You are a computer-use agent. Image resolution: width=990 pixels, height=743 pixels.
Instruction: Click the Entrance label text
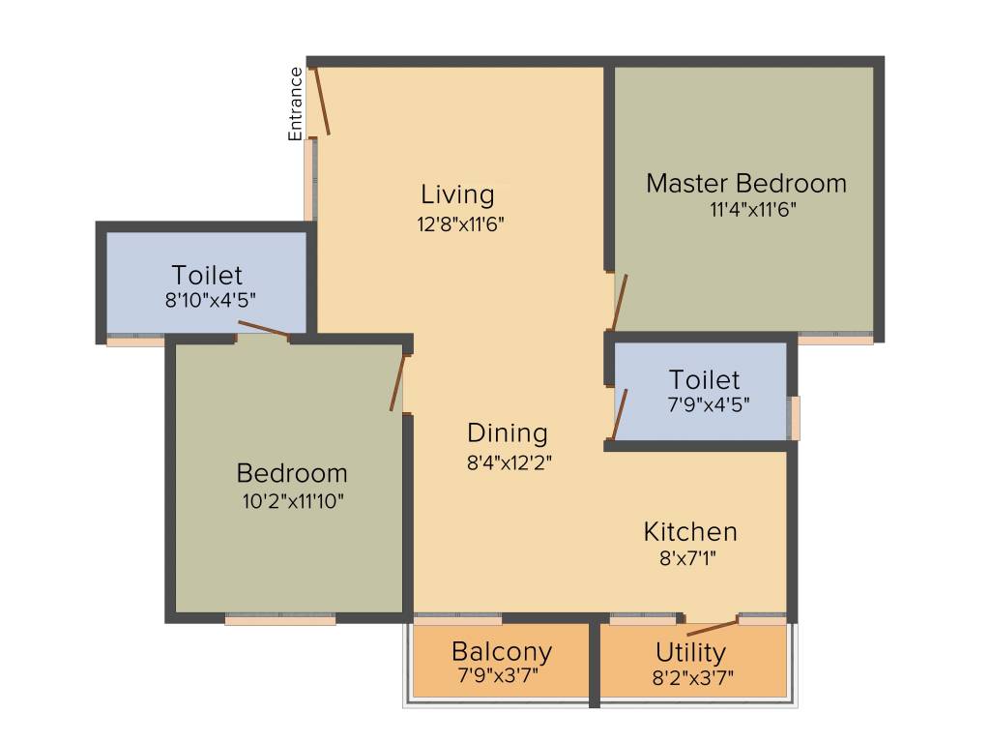coord(296,104)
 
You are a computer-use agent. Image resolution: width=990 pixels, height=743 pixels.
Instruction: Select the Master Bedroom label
coord(745,183)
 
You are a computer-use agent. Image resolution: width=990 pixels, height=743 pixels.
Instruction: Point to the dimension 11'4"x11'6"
coord(745,208)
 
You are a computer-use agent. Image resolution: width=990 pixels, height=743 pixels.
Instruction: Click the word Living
coord(457,194)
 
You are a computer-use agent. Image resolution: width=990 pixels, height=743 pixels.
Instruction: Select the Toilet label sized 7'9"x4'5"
coord(704,379)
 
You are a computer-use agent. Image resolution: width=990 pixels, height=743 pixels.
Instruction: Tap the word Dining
coord(508,432)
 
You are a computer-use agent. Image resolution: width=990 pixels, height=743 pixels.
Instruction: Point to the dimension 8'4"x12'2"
coord(509,461)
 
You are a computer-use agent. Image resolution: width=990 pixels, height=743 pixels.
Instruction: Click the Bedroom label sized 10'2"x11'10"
coord(292,473)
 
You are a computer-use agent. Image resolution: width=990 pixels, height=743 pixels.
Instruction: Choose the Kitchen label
coord(690,531)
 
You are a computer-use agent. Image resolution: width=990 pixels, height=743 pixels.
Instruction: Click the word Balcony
coord(502,650)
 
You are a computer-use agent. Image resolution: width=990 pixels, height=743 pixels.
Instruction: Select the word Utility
coord(690,651)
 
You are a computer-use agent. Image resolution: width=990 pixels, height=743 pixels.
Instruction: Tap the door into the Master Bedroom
coord(620,303)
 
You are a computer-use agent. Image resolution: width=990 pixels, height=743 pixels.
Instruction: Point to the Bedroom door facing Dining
coord(396,382)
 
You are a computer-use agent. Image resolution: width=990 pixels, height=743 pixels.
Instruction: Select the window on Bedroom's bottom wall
coord(280,619)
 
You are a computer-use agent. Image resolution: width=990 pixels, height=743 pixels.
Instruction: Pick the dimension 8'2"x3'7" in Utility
coord(692,676)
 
